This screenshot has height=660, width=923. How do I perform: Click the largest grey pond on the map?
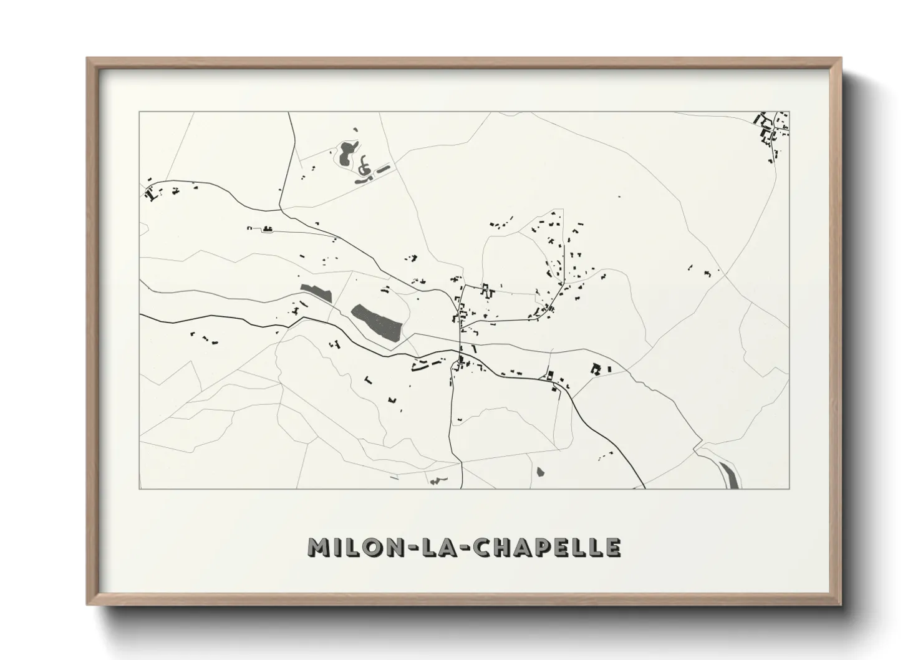[x=377, y=322]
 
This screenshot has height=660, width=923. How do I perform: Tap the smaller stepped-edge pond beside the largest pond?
[x=316, y=292]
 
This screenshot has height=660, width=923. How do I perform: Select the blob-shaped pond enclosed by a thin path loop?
[x=346, y=153]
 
